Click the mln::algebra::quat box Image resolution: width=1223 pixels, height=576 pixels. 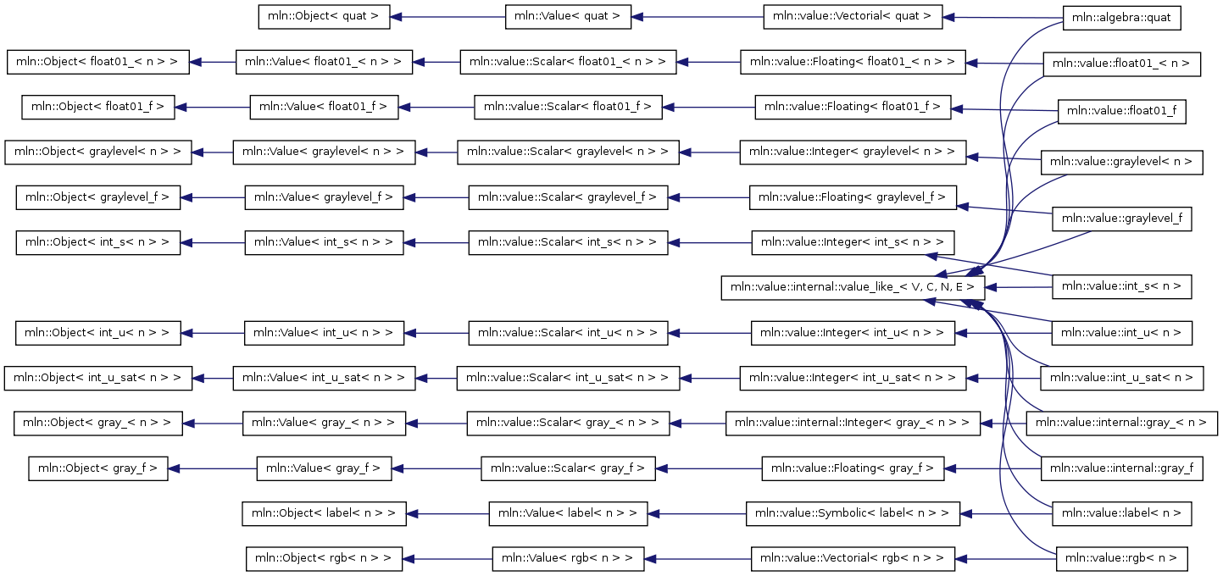click(1121, 18)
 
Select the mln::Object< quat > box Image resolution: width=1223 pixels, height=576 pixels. click(324, 17)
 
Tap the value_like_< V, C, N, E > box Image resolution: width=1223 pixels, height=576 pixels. click(853, 287)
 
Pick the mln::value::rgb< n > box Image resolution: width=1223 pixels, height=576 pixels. click(1121, 559)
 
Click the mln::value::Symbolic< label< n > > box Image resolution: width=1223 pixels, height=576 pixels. click(853, 514)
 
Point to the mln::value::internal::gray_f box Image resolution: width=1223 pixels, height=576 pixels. click(1121, 468)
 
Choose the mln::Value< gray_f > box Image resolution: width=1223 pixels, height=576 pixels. click(324, 468)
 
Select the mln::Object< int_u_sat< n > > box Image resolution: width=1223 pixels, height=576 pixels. click(98, 378)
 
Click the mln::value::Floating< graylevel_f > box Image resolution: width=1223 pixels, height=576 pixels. click(853, 197)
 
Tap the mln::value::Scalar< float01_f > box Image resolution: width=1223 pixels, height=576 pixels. click(568, 108)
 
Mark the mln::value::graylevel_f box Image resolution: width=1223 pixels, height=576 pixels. click(1121, 219)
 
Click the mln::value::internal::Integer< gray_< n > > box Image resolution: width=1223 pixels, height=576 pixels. click(853, 424)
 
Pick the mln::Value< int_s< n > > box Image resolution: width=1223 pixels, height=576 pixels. click(324, 243)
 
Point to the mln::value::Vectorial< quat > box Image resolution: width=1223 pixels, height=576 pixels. click(853, 17)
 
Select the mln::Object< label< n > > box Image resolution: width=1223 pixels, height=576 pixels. click(324, 514)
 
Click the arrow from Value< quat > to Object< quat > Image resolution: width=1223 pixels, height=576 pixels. click(448, 17)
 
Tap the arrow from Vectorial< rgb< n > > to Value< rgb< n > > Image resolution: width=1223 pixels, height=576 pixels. click(698, 559)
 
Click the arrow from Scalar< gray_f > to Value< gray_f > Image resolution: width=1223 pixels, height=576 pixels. click(436, 468)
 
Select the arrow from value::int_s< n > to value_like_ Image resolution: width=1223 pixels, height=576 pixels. click(1018, 287)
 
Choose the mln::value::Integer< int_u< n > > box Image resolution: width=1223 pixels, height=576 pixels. click(853, 333)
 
